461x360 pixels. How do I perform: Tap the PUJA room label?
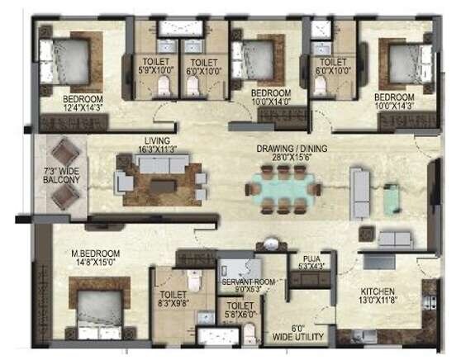point(311,257)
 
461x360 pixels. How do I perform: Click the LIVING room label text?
point(156,141)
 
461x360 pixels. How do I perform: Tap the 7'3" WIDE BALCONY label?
point(62,174)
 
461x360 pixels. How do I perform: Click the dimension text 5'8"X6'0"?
point(241,314)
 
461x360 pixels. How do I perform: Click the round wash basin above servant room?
point(269,245)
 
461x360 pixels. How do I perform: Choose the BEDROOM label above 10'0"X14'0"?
point(271,92)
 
